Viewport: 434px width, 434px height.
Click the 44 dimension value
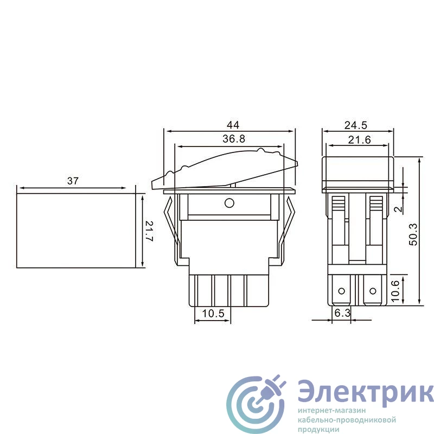click(233, 125)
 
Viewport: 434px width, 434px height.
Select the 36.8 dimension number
click(234, 139)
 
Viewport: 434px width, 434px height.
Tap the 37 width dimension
click(73, 181)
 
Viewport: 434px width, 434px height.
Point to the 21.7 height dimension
click(149, 231)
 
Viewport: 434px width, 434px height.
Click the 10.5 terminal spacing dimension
click(213, 314)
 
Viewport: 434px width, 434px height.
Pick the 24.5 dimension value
click(356, 125)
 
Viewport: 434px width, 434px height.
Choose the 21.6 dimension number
click(359, 140)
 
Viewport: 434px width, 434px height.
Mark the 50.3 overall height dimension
click(413, 234)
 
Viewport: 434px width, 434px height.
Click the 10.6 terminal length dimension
click(395, 291)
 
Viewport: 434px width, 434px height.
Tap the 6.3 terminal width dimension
click(342, 313)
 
